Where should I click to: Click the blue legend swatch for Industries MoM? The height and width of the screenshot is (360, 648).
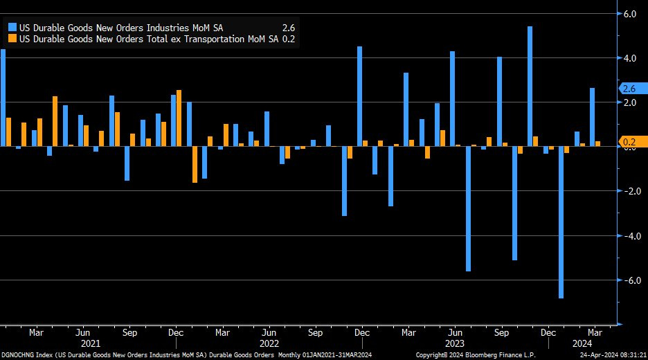(12, 28)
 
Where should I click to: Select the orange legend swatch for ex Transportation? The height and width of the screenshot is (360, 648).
(12, 39)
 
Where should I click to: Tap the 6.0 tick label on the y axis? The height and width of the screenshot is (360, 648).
(631, 13)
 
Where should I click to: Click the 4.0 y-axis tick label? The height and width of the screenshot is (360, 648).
(631, 58)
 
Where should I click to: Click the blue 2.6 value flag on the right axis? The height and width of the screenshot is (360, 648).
(629, 89)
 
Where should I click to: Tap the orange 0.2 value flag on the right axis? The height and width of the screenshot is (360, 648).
(629, 143)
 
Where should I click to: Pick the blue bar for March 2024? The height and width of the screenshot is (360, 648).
(592, 117)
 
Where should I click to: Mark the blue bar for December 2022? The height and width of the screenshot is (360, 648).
(360, 96)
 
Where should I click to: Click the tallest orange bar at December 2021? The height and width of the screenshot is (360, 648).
(179, 118)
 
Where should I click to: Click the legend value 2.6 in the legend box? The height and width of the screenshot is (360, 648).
(289, 28)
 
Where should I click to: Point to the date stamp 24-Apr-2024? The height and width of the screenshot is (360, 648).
(609, 354)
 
